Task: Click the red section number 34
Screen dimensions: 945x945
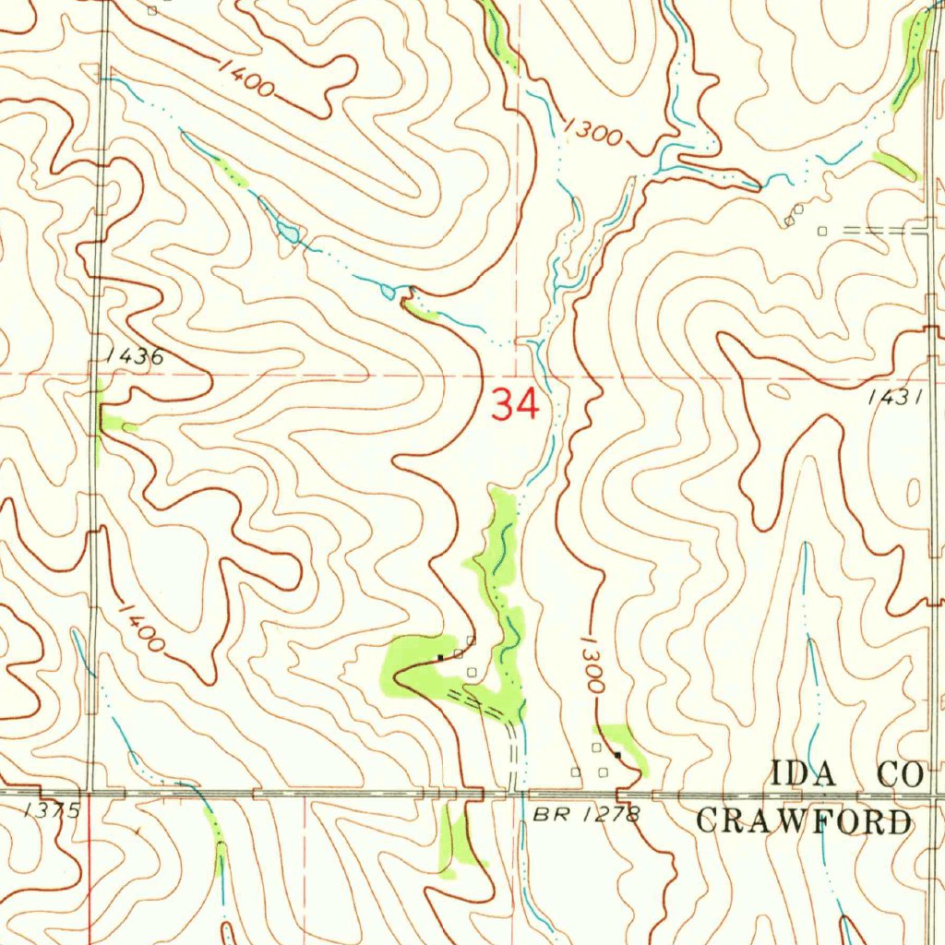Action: (x=514, y=404)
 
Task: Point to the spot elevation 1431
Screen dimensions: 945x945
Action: (x=895, y=397)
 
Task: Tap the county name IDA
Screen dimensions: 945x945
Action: (x=804, y=774)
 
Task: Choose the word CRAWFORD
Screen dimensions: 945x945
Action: (x=803, y=821)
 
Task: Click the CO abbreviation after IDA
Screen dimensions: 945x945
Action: (x=899, y=774)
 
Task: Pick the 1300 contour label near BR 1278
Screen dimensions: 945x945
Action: (x=593, y=664)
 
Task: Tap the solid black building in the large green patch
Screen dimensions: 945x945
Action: (x=441, y=657)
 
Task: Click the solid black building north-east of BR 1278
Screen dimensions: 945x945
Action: (x=617, y=755)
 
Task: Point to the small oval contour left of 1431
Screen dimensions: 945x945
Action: (x=778, y=390)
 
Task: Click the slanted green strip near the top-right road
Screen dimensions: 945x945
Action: (x=896, y=166)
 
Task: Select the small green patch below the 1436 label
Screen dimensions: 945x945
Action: (x=115, y=424)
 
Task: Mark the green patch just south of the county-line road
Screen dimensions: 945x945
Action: (x=458, y=841)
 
